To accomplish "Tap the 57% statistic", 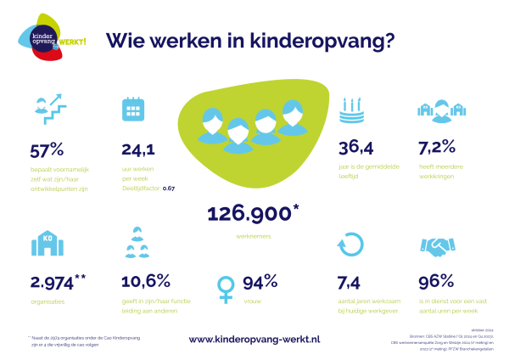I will (x=48, y=149).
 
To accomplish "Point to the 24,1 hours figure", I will (x=138, y=149).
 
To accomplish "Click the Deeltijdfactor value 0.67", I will (x=169, y=187).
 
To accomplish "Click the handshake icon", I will (x=439, y=245).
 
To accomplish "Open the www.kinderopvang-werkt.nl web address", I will (x=254, y=339).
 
